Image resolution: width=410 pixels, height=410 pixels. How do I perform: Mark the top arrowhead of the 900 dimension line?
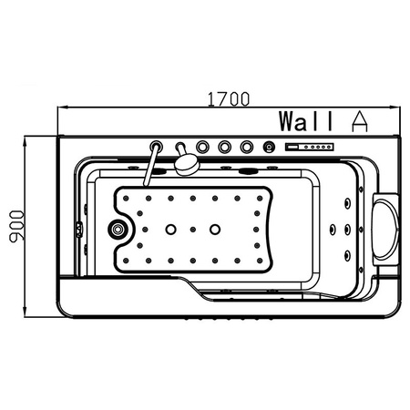click(26, 141)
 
